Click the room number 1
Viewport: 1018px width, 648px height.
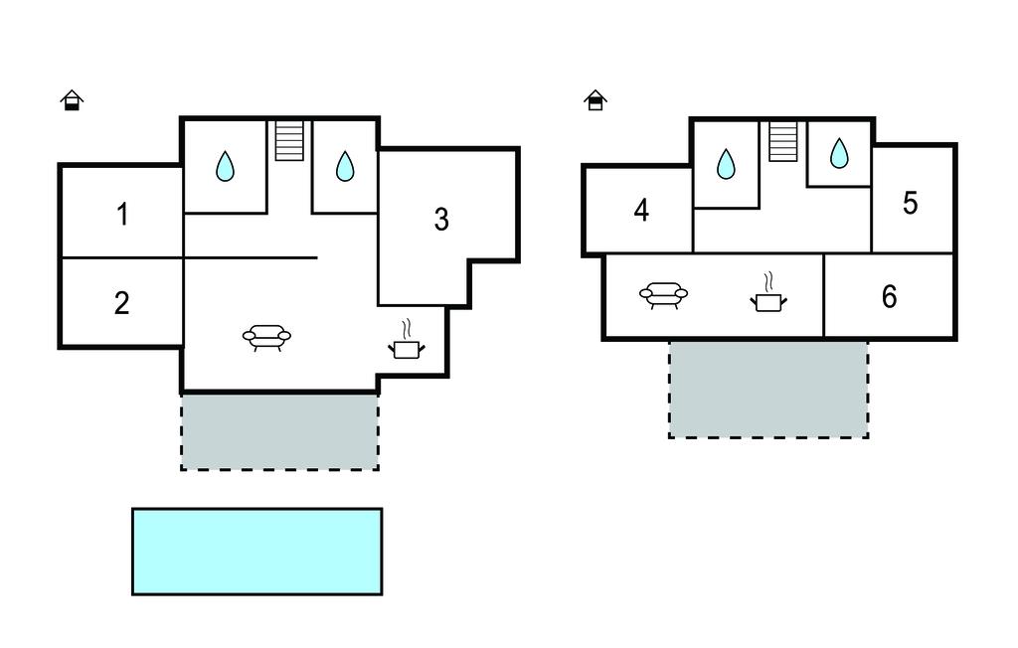click(x=122, y=215)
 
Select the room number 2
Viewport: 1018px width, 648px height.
click(x=121, y=303)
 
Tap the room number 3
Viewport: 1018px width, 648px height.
click(x=441, y=220)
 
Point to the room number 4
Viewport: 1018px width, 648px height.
click(x=641, y=211)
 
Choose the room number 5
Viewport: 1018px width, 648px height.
click(x=911, y=203)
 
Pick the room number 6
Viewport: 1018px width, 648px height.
click(x=889, y=296)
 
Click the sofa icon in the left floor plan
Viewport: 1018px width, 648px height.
click(x=266, y=338)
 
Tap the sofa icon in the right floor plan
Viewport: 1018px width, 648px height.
click(x=664, y=294)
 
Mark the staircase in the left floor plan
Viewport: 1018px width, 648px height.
click(x=289, y=140)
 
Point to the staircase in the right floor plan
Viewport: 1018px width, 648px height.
click(x=783, y=141)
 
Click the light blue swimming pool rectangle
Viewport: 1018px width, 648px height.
click(x=256, y=552)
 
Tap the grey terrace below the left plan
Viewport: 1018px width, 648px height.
click(x=279, y=431)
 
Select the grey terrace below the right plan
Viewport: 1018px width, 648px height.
click(x=768, y=389)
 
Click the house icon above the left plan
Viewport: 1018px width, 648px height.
click(x=71, y=100)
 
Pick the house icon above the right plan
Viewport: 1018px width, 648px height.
click(x=595, y=100)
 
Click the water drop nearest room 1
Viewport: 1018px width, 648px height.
click(x=226, y=166)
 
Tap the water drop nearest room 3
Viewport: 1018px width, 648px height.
click(x=345, y=166)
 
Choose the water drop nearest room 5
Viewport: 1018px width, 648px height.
click(x=840, y=153)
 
